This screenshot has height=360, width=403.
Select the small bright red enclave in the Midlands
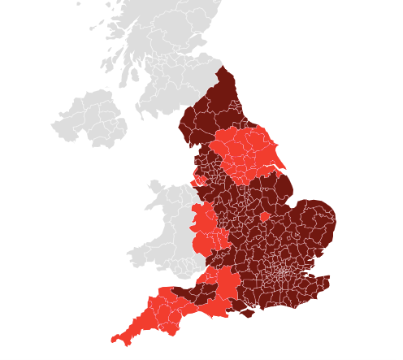click(264, 217)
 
